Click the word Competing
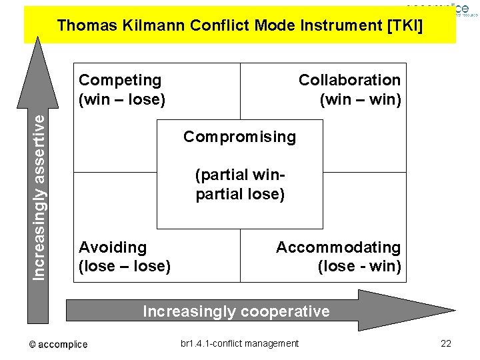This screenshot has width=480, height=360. [x=120, y=80]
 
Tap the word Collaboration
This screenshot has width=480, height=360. [x=349, y=80]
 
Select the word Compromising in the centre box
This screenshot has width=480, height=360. [x=239, y=137]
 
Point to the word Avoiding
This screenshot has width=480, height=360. [x=113, y=247]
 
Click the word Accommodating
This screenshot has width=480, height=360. [x=338, y=247]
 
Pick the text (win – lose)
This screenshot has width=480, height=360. [x=122, y=100]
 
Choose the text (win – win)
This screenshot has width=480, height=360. [x=360, y=100]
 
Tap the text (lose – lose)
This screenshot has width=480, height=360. [x=125, y=267]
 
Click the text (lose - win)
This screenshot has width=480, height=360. [x=359, y=267]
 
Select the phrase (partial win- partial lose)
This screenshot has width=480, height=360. [x=240, y=185]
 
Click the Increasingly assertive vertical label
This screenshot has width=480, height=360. [x=41, y=196]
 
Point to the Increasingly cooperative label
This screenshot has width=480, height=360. [x=236, y=311]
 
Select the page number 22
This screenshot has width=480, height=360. [x=446, y=343]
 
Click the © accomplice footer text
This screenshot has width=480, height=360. [x=58, y=344]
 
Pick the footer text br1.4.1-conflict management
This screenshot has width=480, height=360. [x=239, y=343]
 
